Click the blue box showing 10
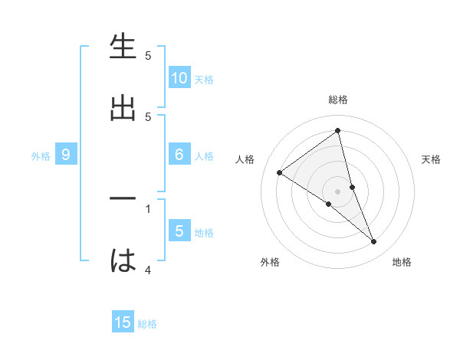click(179, 78)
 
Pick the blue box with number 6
click(179, 155)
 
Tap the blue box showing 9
click(66, 155)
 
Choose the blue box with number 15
click(123, 322)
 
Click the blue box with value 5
click(179, 231)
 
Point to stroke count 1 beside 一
click(148, 208)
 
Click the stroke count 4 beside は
click(148, 270)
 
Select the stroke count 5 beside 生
click(148, 55)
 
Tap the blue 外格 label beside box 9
click(41, 156)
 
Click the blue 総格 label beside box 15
click(147, 324)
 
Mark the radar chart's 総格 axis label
click(338, 100)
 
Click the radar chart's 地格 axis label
click(402, 262)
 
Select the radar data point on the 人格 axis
click(279, 172)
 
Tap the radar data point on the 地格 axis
click(374, 242)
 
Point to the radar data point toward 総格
click(338, 131)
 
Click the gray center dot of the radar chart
click(338, 191)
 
